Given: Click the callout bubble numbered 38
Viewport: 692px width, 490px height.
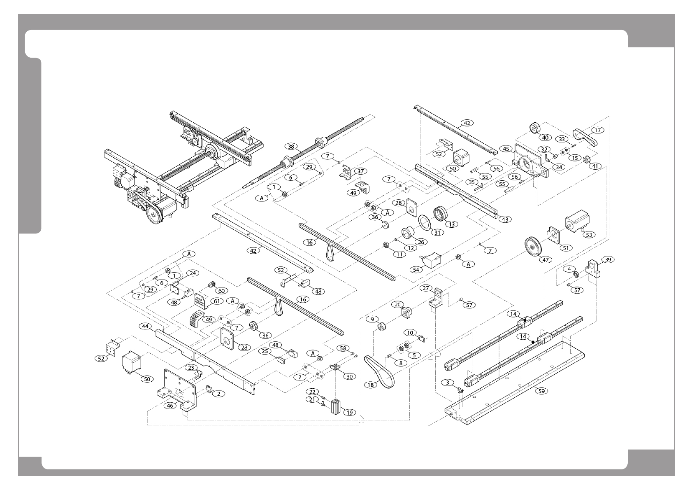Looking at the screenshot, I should [x=291, y=147].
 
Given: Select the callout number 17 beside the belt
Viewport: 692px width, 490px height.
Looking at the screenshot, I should [x=598, y=131].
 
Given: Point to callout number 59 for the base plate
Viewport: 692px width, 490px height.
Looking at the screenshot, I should [x=543, y=391].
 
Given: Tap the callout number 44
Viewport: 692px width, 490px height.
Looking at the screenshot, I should [x=145, y=326].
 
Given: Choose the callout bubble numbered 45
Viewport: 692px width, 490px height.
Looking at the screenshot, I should [x=505, y=149].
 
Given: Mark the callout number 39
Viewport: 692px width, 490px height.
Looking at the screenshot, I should [x=608, y=259].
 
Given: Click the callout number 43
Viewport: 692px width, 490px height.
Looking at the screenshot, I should [x=505, y=219].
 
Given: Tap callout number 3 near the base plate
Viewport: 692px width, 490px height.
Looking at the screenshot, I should [x=448, y=383].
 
